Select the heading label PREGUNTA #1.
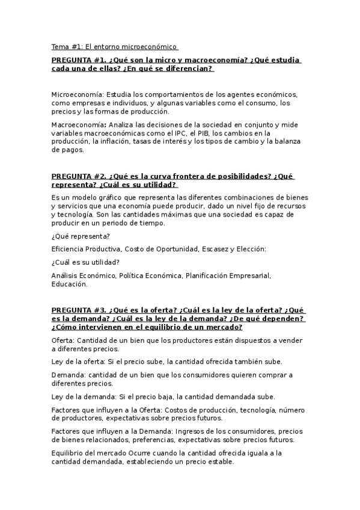click(x=78, y=61)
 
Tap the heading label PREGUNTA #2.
click(x=78, y=177)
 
